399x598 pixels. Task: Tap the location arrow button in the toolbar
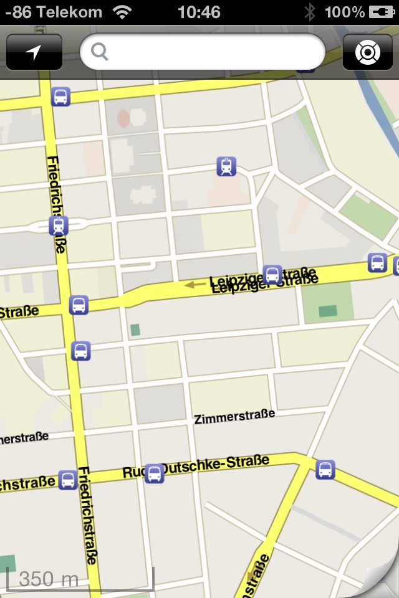(34, 52)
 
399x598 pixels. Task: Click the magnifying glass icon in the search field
(100, 52)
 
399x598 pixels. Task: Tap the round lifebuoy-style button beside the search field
(368, 52)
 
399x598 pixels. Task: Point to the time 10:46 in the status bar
(199, 12)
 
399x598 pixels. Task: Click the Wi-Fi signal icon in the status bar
(123, 12)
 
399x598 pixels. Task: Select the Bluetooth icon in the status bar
(310, 12)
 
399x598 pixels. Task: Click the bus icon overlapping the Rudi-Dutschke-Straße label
(154, 474)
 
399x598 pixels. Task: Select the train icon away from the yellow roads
(226, 166)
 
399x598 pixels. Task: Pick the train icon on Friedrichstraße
(59, 225)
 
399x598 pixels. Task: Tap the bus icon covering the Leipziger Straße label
(272, 275)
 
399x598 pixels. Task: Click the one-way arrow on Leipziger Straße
(196, 285)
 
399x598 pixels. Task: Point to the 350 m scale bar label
(49, 579)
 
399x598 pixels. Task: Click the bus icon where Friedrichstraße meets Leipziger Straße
(79, 305)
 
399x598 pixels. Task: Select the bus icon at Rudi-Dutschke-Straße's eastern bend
(325, 470)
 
